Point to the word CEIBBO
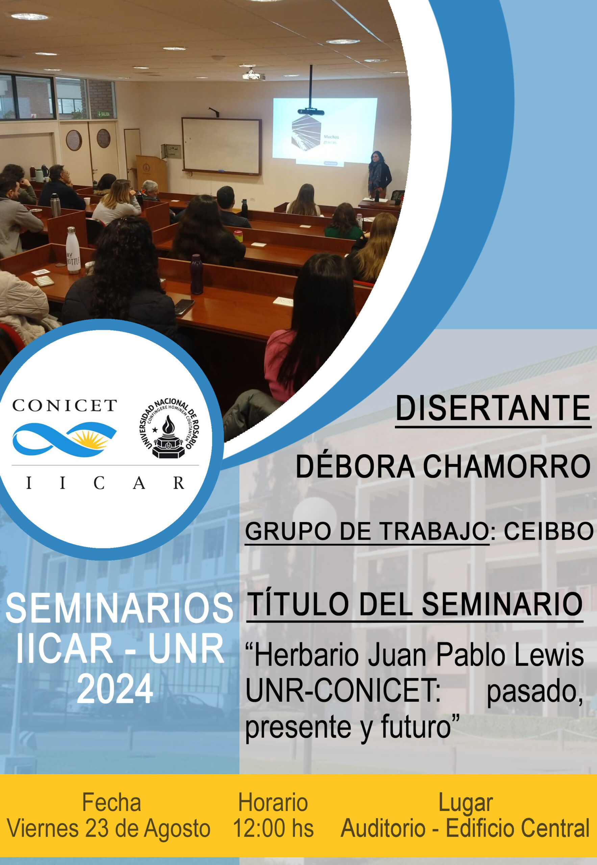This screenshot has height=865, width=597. pos(548,531)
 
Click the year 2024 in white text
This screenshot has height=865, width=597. pos(115,689)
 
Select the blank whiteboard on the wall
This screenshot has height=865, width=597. pos(221,146)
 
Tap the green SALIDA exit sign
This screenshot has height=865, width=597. pos(104,114)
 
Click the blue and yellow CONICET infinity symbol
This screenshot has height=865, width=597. pos(64,439)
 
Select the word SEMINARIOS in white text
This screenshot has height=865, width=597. pos(119,608)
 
